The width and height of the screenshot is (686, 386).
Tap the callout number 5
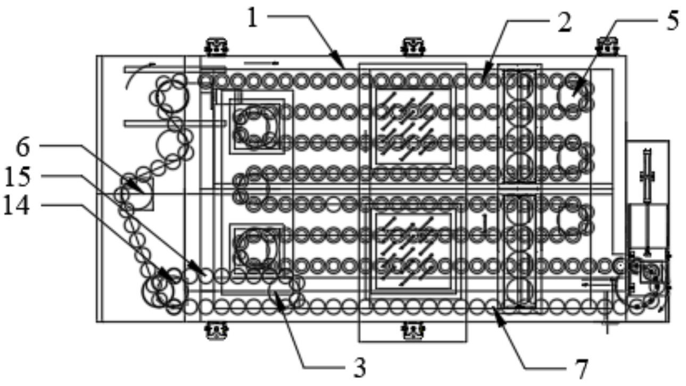coord(673,21)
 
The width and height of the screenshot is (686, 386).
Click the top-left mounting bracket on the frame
coord(217,46)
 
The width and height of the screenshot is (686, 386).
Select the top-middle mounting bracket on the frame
coord(414,46)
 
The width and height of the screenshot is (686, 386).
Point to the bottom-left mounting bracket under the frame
coord(217,331)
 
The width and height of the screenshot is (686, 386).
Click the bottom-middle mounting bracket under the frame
coord(414,331)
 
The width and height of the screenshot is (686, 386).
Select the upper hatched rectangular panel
coord(414,125)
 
